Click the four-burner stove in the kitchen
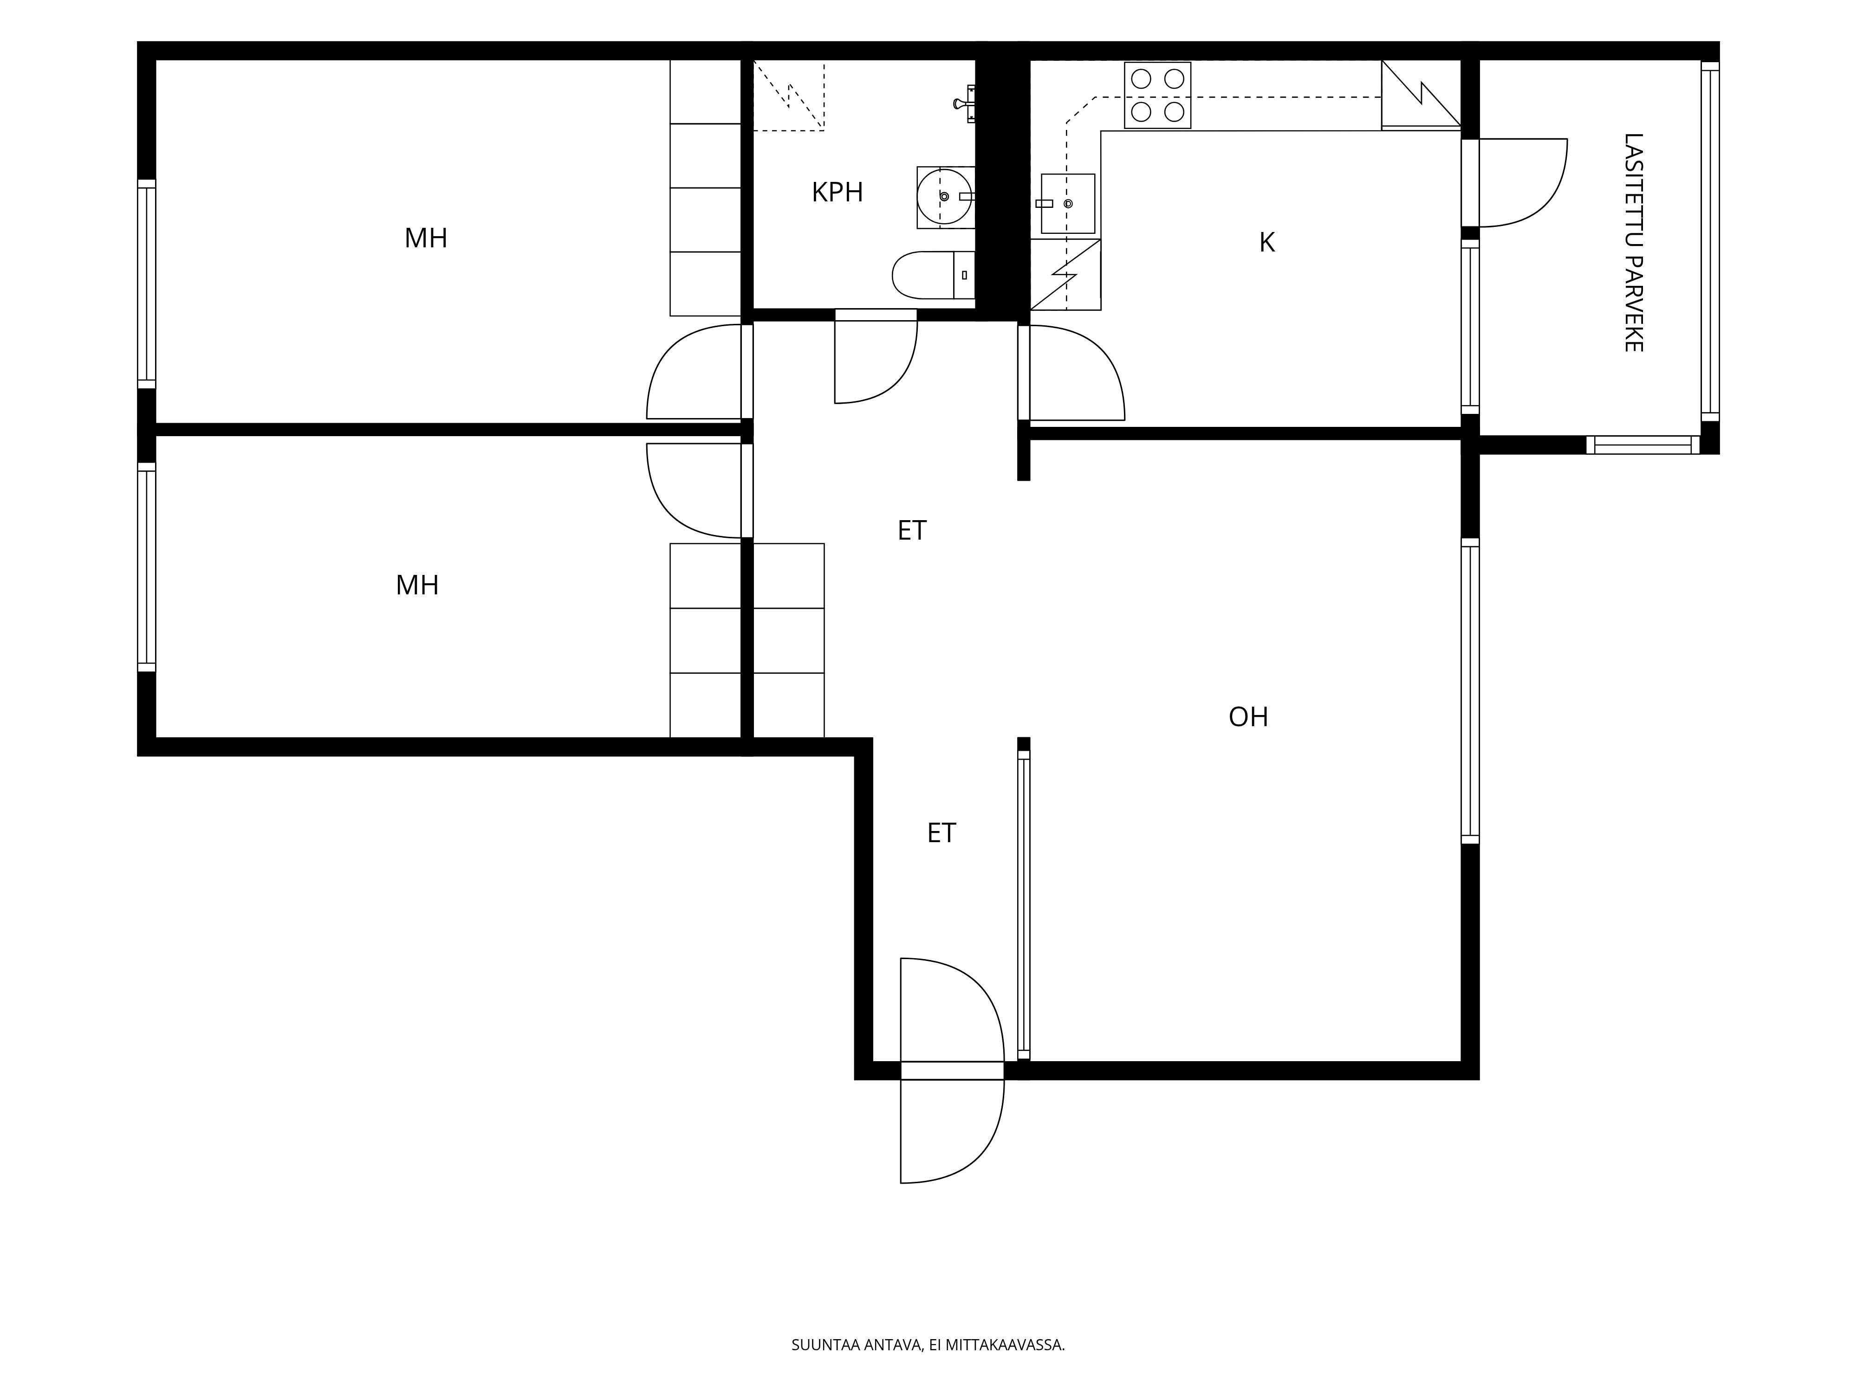pyautogui.click(x=1158, y=96)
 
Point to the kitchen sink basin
pyautogui.click(x=1068, y=204)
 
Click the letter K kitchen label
pyautogui.click(x=1267, y=243)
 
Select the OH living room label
pyautogui.click(x=1248, y=716)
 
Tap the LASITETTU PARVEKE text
pyautogui.click(x=1633, y=243)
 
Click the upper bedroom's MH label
pyautogui.click(x=426, y=238)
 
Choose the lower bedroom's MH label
pyautogui.click(x=417, y=585)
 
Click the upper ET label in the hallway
pyautogui.click(x=912, y=530)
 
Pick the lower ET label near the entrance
pyautogui.click(x=941, y=832)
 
